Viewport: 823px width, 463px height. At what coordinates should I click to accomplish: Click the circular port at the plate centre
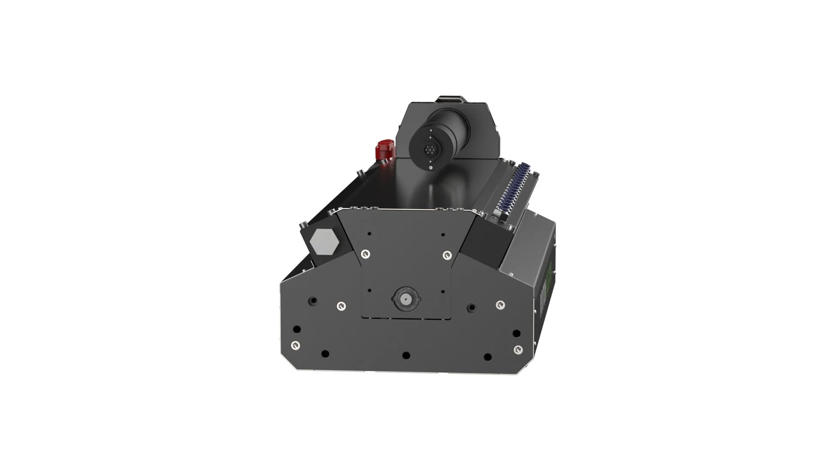coord(405,298)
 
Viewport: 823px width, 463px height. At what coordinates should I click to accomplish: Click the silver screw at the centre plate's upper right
coord(446,254)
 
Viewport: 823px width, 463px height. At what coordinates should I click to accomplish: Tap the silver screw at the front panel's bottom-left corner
coord(294,346)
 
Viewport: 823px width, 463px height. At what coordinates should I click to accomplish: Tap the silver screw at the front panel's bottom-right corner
coord(519,349)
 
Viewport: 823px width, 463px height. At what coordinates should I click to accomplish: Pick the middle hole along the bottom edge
coord(406,355)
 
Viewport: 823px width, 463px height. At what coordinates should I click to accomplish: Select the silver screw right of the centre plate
coord(499,305)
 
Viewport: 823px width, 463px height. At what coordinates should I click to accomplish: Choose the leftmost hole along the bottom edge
coord(325,354)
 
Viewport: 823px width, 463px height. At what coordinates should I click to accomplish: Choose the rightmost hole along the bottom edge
coord(487,356)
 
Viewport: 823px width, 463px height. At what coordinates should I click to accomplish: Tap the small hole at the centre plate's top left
coord(369,234)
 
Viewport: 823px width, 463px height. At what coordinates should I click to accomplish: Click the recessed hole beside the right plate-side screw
coord(472,307)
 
